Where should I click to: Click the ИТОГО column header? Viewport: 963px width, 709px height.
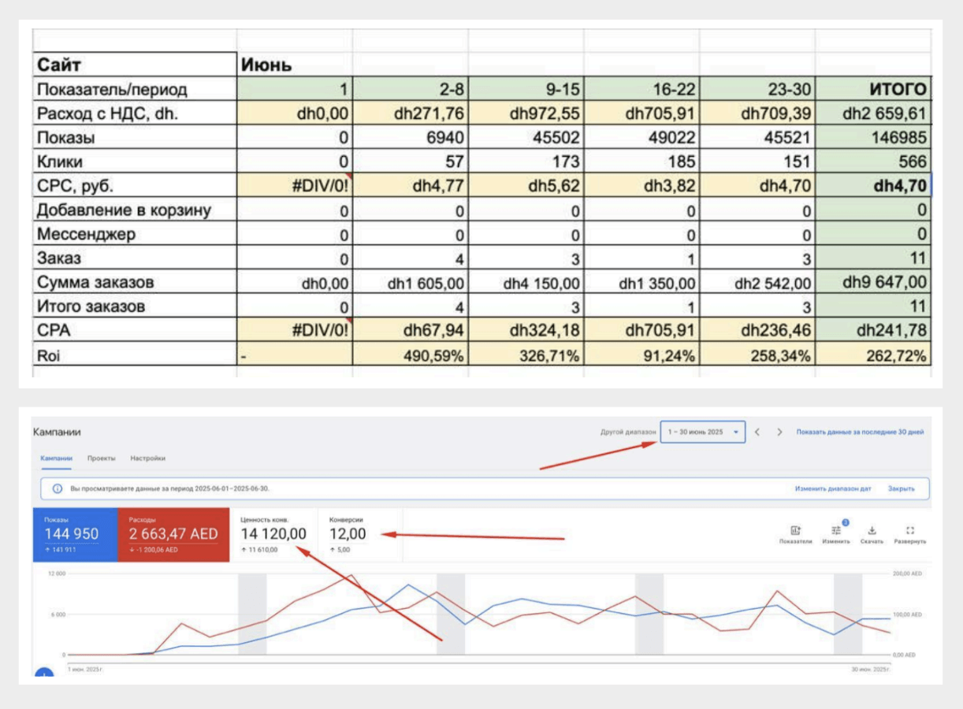(894, 89)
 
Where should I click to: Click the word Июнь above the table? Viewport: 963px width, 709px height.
(266, 65)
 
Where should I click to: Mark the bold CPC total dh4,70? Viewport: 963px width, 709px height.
(895, 186)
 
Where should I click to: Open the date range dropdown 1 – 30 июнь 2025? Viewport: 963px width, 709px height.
(703, 432)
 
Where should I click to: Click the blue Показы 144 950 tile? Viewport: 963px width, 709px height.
(75, 534)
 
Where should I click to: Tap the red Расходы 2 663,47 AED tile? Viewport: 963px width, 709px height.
(173, 534)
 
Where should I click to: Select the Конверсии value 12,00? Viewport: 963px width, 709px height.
(348, 534)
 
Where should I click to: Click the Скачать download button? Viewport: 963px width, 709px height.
(872, 534)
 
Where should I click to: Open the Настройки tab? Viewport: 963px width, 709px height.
(147, 458)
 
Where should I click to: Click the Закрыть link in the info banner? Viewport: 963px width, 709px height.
(901, 488)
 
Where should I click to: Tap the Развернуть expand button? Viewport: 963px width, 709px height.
(910, 534)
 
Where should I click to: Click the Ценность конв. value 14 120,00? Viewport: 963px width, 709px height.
(273, 534)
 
